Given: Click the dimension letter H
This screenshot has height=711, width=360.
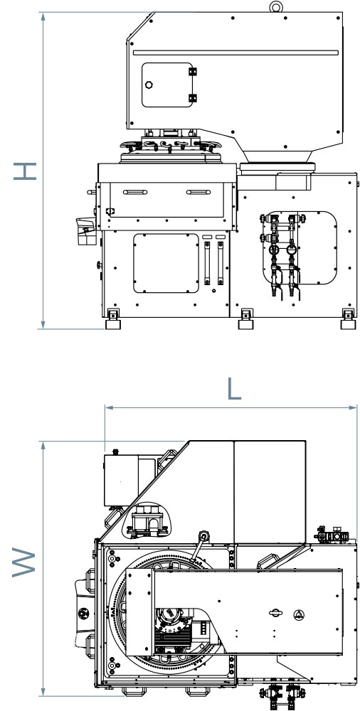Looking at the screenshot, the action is tap(25, 171).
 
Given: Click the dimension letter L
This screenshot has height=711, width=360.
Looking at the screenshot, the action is tap(234, 389).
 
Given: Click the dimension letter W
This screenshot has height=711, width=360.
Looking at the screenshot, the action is tap(23, 562).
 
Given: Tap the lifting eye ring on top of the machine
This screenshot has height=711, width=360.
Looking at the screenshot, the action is tap(276, 7).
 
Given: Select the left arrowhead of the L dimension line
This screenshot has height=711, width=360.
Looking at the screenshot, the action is tap(108, 407).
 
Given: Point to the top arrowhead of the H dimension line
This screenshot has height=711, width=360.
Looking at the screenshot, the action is tap(43, 16).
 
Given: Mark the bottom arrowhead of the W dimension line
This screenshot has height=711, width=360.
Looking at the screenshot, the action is tap(43, 693).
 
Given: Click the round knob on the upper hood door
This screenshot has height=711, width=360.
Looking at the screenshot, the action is tap(149, 85).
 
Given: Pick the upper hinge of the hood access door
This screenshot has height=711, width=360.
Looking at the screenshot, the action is tap(193, 72).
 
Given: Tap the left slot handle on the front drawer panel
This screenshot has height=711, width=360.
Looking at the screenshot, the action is tap(135, 192).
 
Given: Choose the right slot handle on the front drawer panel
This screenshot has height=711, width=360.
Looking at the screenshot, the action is tap(198, 192).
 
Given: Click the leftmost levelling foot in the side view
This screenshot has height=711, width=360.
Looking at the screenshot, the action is tap(113, 319).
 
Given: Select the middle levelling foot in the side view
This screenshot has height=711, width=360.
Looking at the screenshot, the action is tap(246, 319).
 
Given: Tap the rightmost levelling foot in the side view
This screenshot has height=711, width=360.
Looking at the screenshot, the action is tap(348, 319).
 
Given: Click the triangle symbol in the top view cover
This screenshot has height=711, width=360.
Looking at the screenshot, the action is tap(298, 613).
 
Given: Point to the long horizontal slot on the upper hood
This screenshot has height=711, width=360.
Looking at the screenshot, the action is tap(235, 53).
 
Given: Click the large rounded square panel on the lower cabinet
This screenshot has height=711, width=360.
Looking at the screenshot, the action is tap(166, 264).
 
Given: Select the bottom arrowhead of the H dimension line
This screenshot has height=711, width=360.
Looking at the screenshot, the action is tap(43, 325).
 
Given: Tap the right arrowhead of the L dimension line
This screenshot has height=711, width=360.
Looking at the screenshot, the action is tap(354, 407).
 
